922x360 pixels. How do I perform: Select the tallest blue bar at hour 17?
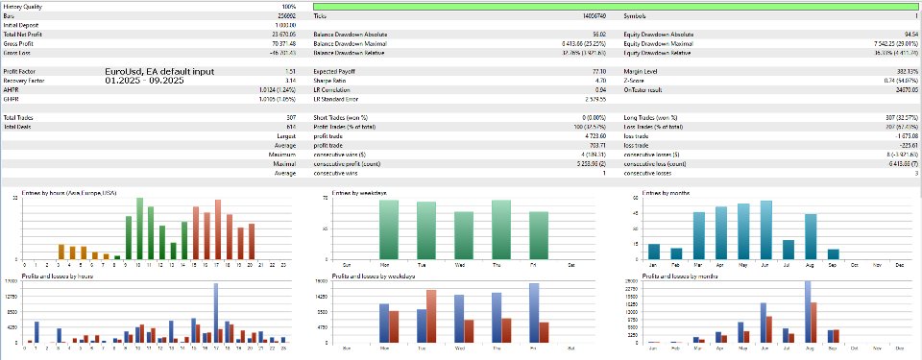pyautogui.click(x=215, y=312)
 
